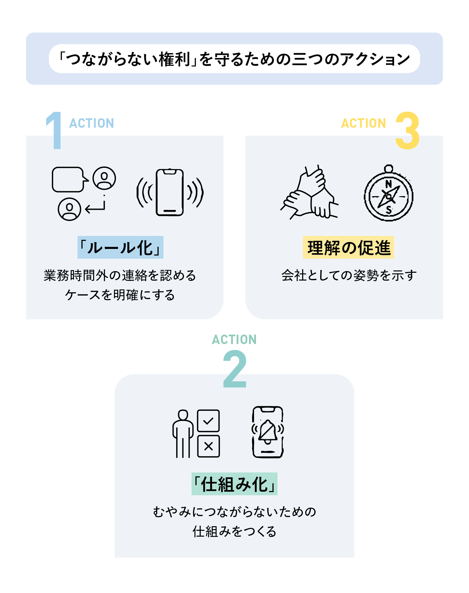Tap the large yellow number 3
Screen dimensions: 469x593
(x=407, y=130)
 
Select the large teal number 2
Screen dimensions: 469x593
(x=235, y=369)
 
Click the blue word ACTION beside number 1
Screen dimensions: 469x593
(x=92, y=123)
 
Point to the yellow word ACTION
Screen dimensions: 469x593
(x=363, y=123)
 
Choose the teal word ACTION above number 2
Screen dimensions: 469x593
(x=234, y=340)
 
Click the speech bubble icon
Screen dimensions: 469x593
(x=69, y=180)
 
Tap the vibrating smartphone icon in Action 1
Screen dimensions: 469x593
(x=170, y=192)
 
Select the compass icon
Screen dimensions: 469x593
(x=389, y=195)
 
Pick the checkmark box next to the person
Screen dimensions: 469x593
(x=208, y=421)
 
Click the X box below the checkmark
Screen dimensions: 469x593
(x=208, y=446)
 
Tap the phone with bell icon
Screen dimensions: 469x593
(x=268, y=432)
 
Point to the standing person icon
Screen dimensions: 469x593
(x=183, y=433)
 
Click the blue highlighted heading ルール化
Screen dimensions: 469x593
(x=121, y=247)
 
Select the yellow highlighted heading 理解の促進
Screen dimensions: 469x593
(x=348, y=247)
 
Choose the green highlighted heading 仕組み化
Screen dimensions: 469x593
(x=234, y=484)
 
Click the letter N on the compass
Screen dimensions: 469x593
(x=389, y=184)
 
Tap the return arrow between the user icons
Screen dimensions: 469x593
(x=95, y=206)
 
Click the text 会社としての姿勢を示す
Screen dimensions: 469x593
(x=349, y=275)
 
